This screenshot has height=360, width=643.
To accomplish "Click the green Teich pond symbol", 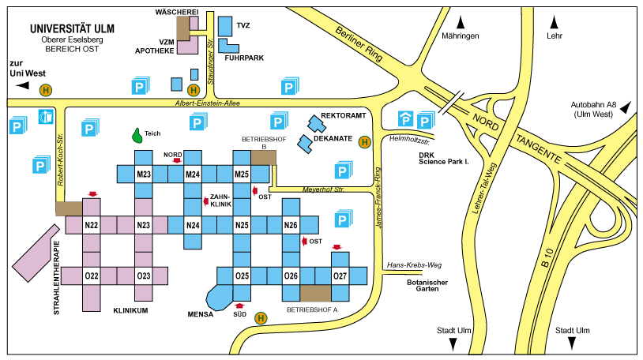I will (138, 136).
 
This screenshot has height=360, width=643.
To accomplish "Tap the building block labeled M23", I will (143, 174).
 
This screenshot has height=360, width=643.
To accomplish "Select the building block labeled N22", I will (92, 226).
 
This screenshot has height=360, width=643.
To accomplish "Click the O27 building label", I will (340, 276).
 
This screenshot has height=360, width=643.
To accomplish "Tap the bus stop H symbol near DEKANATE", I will (364, 142).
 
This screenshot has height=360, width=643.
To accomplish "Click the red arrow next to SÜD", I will (240, 306).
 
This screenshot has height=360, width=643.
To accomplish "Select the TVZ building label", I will (243, 26).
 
